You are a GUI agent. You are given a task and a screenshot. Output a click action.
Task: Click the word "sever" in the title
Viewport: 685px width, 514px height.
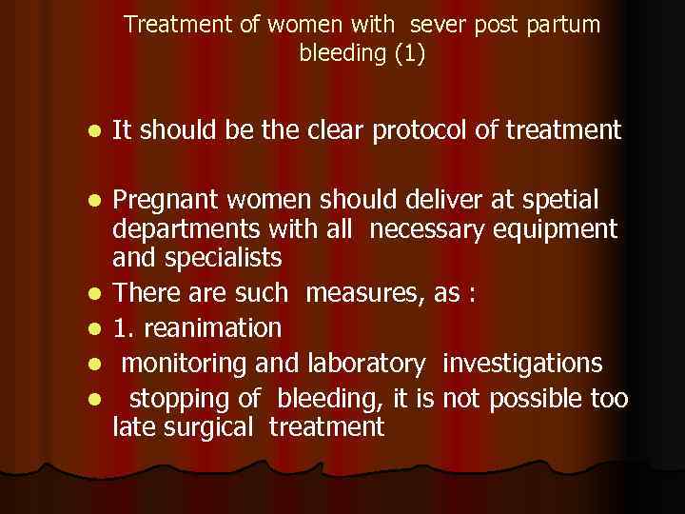click(x=438, y=25)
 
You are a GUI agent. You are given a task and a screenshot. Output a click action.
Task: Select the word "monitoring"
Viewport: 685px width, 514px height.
click(x=181, y=363)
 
